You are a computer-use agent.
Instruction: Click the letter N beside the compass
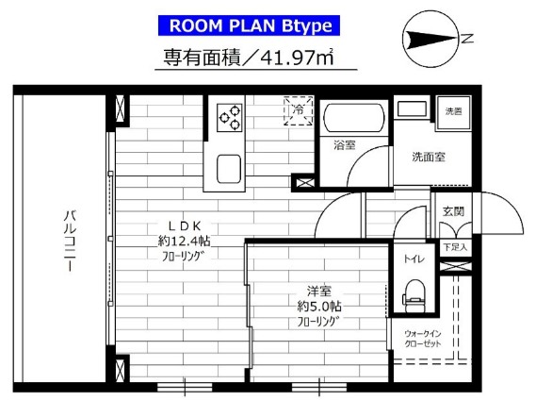coord(465,39)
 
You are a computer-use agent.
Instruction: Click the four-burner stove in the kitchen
coord(230,117)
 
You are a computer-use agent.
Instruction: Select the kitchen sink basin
coord(231,169)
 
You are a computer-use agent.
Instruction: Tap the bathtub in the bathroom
coord(353,120)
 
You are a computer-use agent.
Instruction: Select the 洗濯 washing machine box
coord(454,111)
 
